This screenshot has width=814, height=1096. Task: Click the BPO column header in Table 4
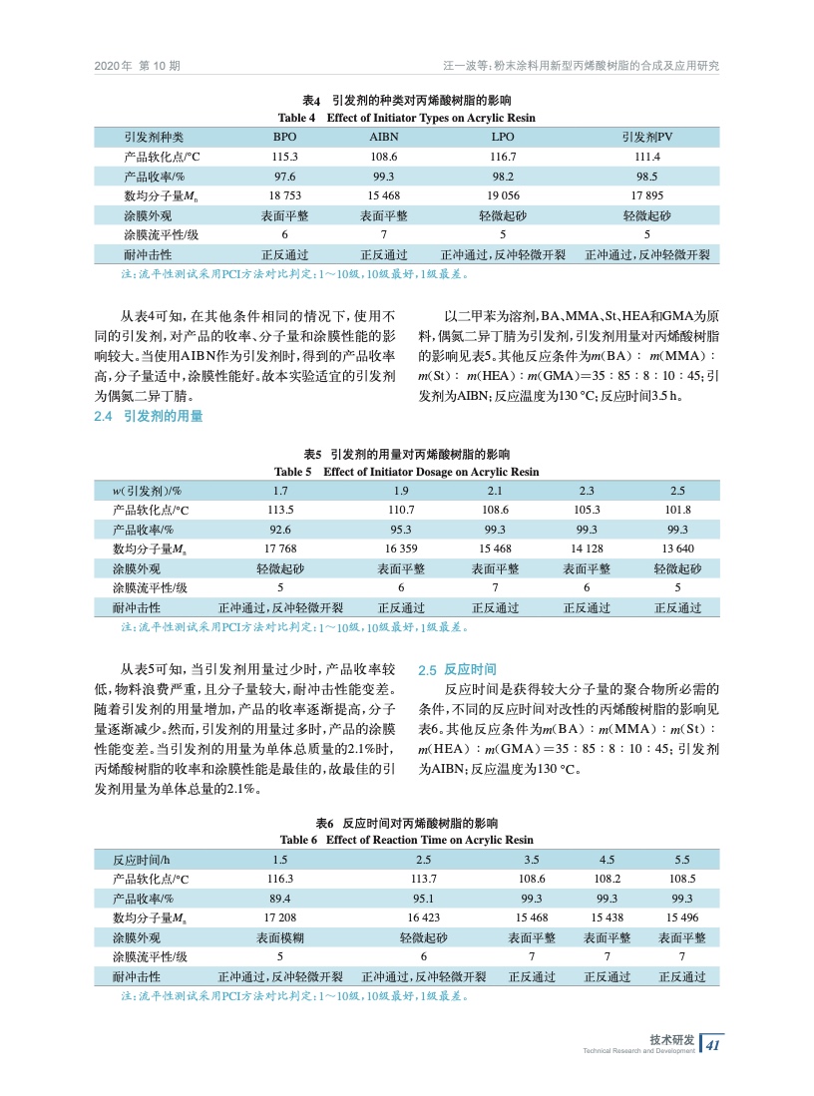(x=284, y=137)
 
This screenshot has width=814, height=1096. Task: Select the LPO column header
(x=503, y=137)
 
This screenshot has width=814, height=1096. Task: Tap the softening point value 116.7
(x=503, y=157)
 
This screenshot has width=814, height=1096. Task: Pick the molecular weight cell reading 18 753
(x=284, y=195)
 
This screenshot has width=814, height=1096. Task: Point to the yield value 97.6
(x=284, y=177)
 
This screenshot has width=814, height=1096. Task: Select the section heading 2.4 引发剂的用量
(x=148, y=416)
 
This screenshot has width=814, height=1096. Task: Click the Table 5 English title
(x=407, y=472)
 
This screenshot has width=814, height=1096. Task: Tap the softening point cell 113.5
(x=280, y=509)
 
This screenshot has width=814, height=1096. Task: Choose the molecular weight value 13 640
(x=677, y=548)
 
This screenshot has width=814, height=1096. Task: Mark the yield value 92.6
(x=280, y=529)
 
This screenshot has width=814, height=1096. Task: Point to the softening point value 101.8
(x=677, y=509)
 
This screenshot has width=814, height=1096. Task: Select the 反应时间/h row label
(x=142, y=860)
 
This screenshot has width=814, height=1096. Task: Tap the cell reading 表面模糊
(x=280, y=938)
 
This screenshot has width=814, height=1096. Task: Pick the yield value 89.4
(x=280, y=899)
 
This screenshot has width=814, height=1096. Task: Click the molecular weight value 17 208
(x=280, y=918)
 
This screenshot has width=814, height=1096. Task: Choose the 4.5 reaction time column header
(x=607, y=860)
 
